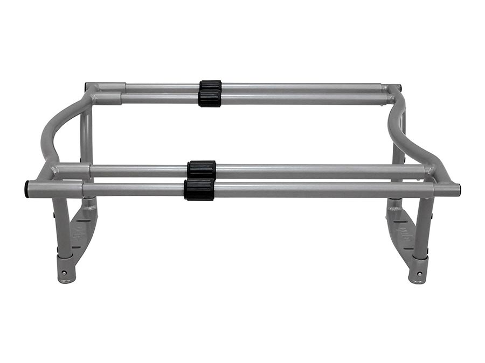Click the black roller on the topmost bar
(210, 86)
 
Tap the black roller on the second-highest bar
(209, 99)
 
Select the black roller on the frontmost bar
(199, 190)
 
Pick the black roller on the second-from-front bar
(202, 169)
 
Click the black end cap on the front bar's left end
(27, 189)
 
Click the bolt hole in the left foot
(65, 273)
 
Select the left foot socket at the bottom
(66, 267)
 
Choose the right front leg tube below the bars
(423, 226)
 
